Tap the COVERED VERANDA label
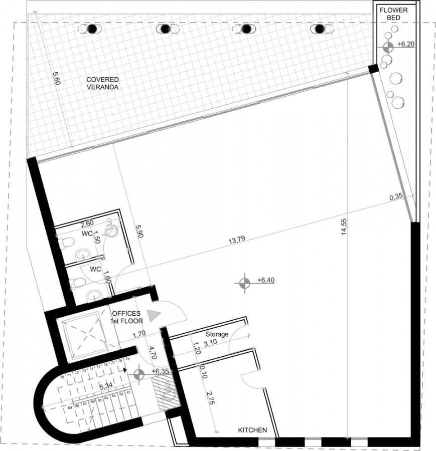coord(102,83)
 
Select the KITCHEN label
coord(252,430)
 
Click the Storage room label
coord(217,334)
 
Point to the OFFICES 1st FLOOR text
coord(127,317)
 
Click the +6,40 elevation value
coord(265,281)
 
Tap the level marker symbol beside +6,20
coord(387,48)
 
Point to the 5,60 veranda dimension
coord(57,79)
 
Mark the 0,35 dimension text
coord(396,198)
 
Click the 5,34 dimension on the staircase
coord(105,387)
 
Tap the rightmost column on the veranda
coord(319,29)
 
